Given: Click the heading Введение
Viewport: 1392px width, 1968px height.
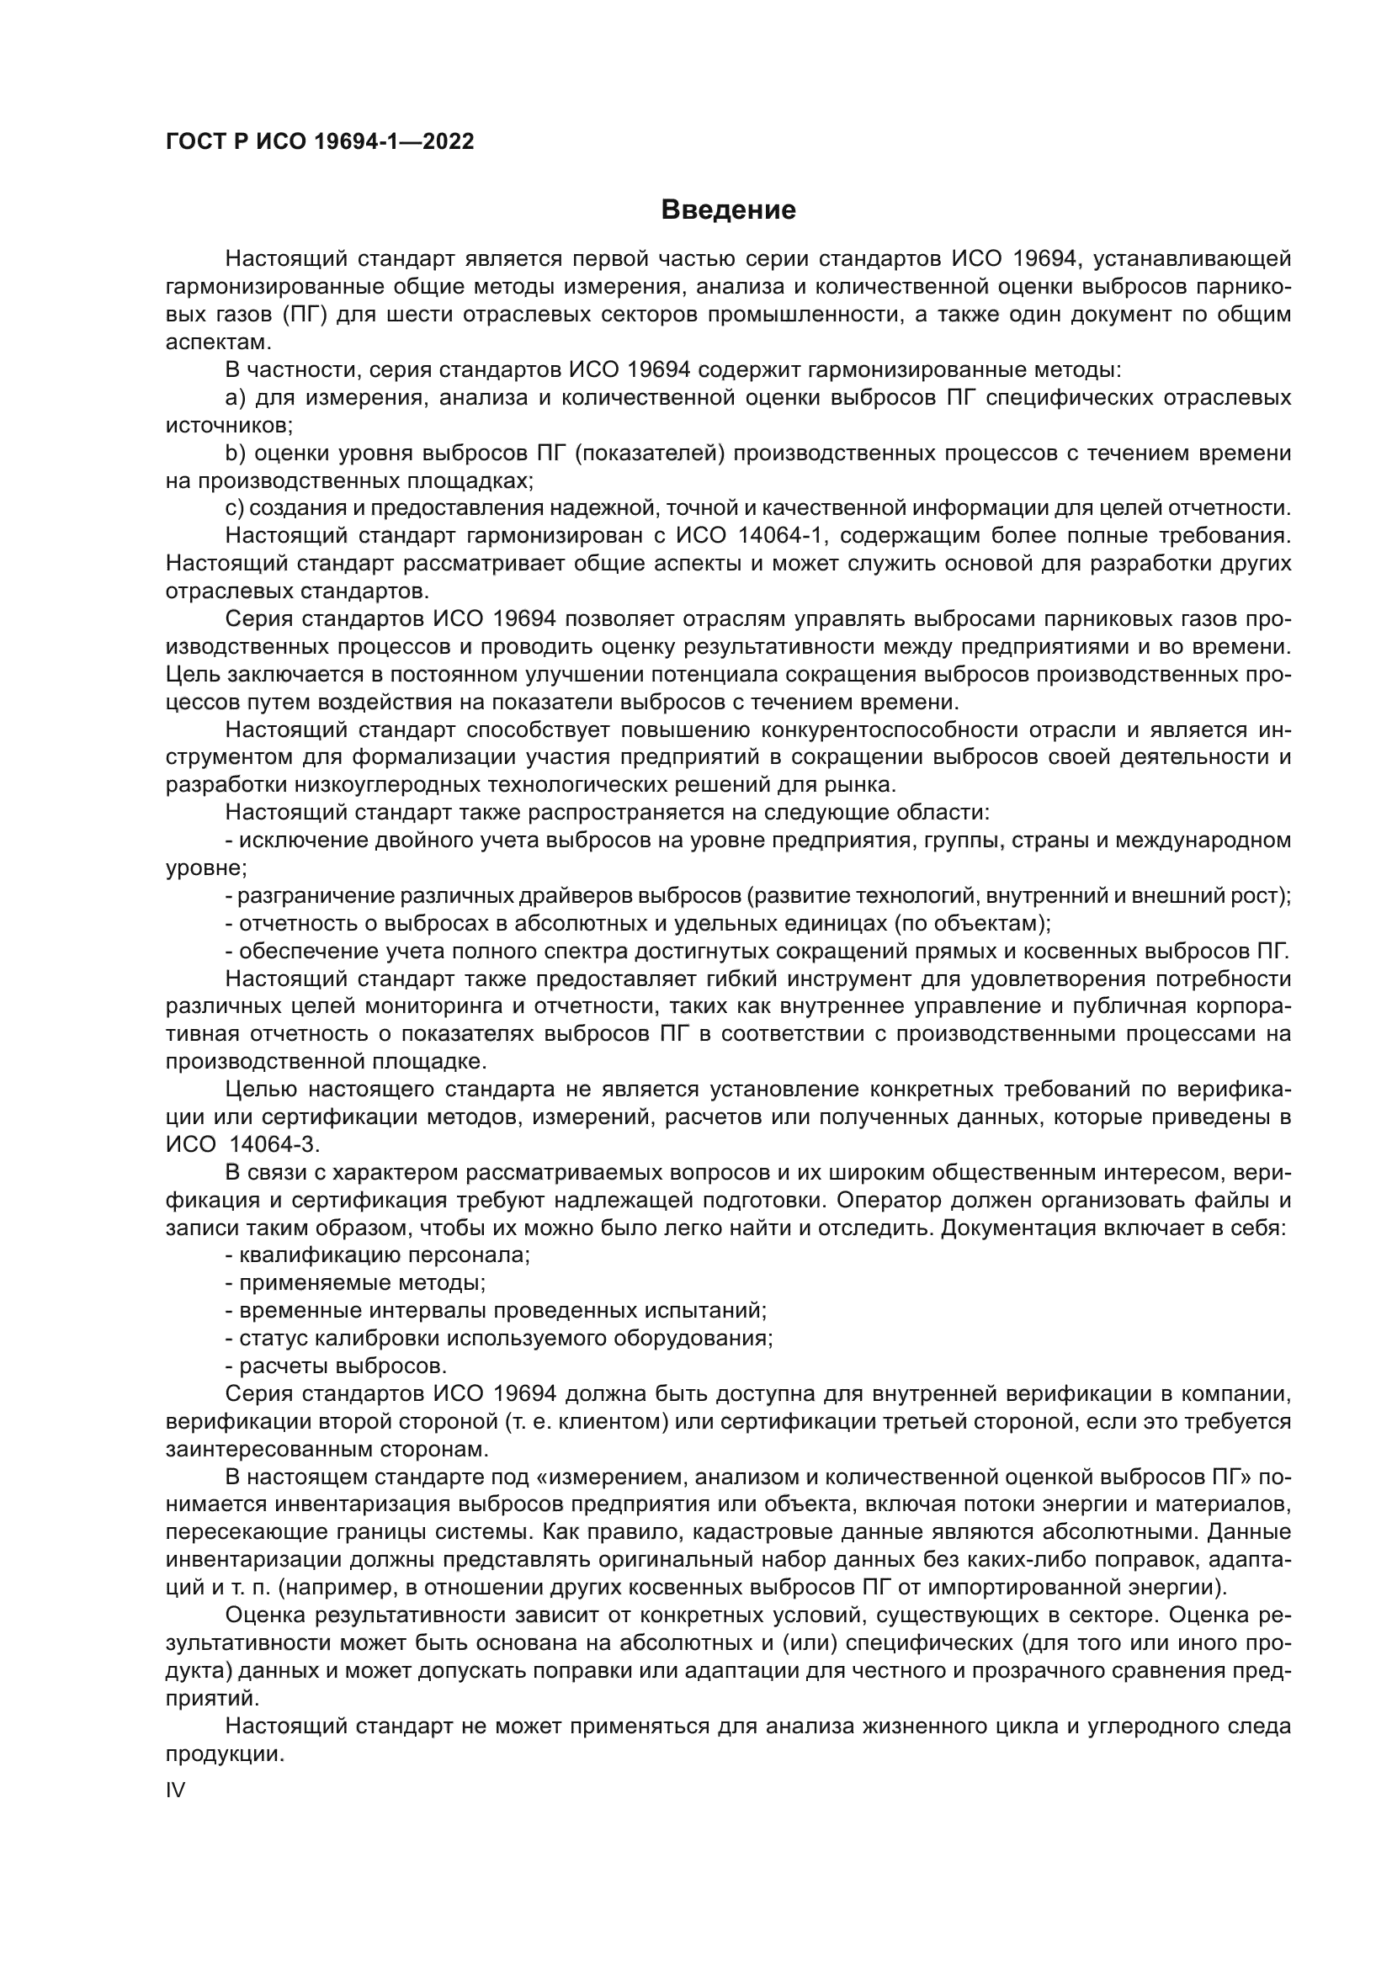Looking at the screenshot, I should pos(728,210).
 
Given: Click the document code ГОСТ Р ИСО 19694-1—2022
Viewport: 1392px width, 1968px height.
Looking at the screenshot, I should pos(319,142).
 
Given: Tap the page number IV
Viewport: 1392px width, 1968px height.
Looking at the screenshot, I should pos(175,1790).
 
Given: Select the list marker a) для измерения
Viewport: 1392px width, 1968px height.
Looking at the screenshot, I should pos(236,398).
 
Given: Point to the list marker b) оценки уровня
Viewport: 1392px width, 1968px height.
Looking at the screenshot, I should pos(236,453).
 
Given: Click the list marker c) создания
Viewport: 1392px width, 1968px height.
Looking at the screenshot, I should pos(235,508).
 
